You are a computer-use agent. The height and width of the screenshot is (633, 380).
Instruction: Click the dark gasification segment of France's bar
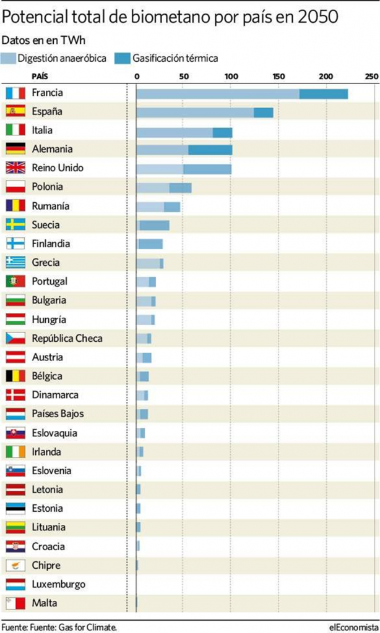[x=324, y=93]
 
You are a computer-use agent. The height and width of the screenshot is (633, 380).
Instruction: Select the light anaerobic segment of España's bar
[x=195, y=113]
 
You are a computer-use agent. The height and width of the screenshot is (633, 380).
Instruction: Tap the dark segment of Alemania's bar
[x=210, y=150]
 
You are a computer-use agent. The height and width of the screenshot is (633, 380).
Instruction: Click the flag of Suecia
[x=15, y=225]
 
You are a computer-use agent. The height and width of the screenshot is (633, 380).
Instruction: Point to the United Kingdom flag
[x=15, y=168]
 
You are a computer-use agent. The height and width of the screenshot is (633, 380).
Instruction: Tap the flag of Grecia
[x=15, y=263]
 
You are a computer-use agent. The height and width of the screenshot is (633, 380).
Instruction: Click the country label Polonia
[x=48, y=187]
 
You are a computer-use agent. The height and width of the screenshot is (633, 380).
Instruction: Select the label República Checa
[x=67, y=338]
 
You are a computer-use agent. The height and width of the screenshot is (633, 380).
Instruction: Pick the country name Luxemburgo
[x=59, y=584]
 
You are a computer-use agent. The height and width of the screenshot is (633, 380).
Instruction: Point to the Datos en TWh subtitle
[x=43, y=41]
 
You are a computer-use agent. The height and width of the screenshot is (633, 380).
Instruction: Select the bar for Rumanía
[x=158, y=206]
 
